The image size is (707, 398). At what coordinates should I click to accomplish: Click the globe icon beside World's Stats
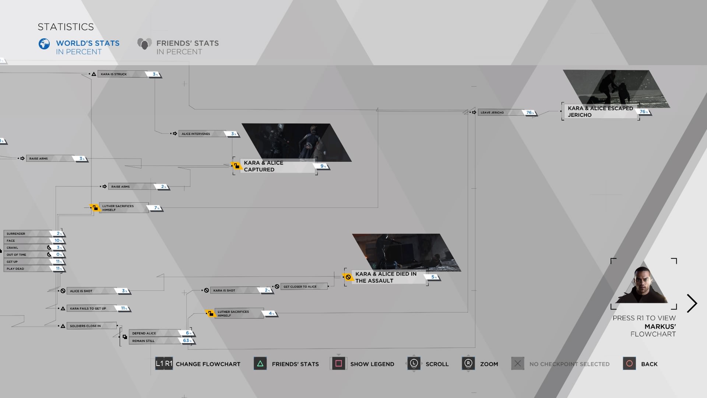[44, 44]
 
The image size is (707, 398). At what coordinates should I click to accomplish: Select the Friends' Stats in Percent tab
[178, 47]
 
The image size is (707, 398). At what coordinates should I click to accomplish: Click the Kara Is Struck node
[114, 74]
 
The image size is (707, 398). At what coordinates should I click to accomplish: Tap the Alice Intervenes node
[196, 134]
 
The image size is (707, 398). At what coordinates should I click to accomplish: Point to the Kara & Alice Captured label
[263, 166]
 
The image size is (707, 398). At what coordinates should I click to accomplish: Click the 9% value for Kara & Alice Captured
[323, 166]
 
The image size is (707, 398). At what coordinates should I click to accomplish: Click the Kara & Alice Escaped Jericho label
[600, 111]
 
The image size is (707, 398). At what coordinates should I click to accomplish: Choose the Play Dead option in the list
[15, 269]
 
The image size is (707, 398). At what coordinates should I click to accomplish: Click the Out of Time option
[17, 255]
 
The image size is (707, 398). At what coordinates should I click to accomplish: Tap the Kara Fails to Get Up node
[88, 308]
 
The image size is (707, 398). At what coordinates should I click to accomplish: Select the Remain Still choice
[144, 341]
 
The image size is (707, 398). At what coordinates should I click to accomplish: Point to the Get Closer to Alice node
[300, 286]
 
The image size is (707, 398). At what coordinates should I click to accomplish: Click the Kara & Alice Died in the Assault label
[386, 277]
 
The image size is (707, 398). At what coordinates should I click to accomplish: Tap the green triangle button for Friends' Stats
[260, 364]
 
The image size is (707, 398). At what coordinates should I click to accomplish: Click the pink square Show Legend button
[339, 364]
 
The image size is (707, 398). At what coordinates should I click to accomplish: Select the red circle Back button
[629, 364]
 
